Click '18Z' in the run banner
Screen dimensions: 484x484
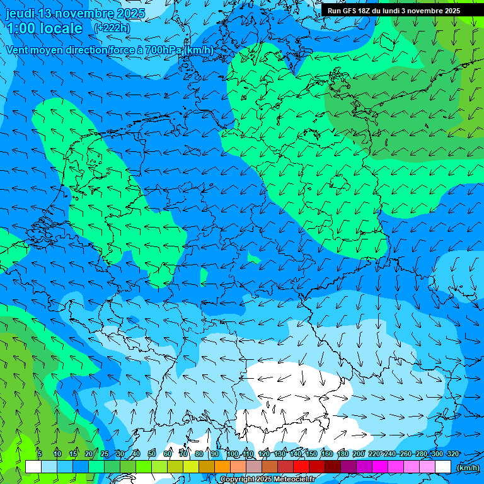click(x=368, y=11)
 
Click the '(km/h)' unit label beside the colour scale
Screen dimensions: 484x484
click(x=468, y=467)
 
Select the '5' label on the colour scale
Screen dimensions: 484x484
click(x=40, y=454)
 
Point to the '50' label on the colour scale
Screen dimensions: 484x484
click(x=152, y=454)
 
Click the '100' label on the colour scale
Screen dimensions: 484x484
click(x=232, y=454)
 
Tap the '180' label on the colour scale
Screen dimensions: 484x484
click(x=342, y=454)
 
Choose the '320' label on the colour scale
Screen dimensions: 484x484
click(x=452, y=454)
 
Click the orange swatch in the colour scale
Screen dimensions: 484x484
click(x=222, y=466)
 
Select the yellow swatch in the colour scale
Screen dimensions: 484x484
click(x=191, y=466)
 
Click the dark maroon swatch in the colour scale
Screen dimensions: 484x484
click(x=333, y=466)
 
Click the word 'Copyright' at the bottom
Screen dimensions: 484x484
click(x=238, y=480)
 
